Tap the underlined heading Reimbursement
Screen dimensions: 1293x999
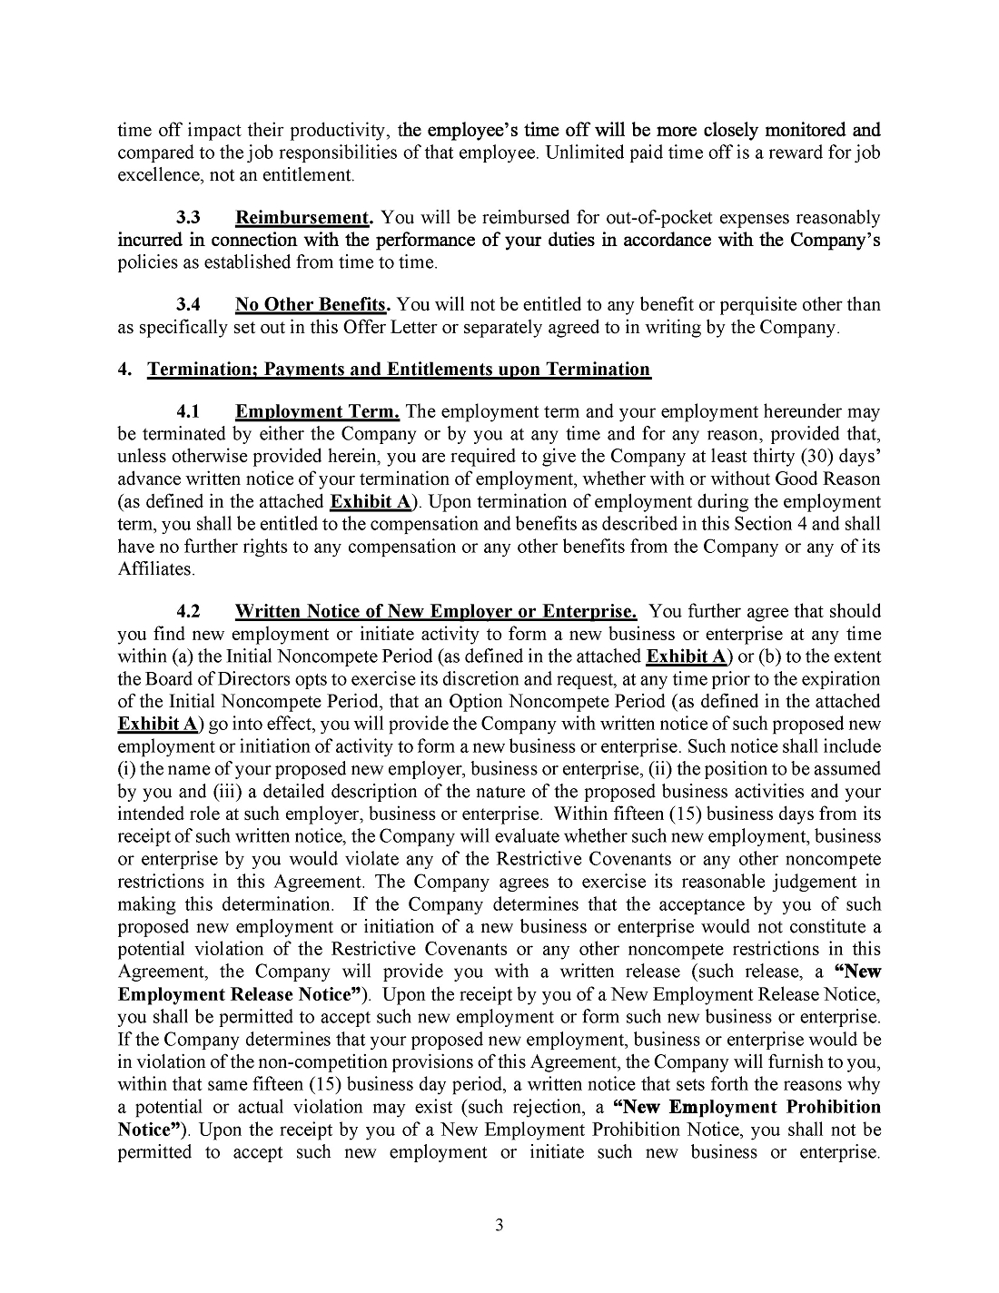(x=304, y=218)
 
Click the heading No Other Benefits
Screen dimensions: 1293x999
(x=312, y=304)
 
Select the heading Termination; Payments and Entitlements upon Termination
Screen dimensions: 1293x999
(x=399, y=369)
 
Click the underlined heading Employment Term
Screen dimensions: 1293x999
(x=317, y=411)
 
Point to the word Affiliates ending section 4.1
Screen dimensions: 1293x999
(x=155, y=569)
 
